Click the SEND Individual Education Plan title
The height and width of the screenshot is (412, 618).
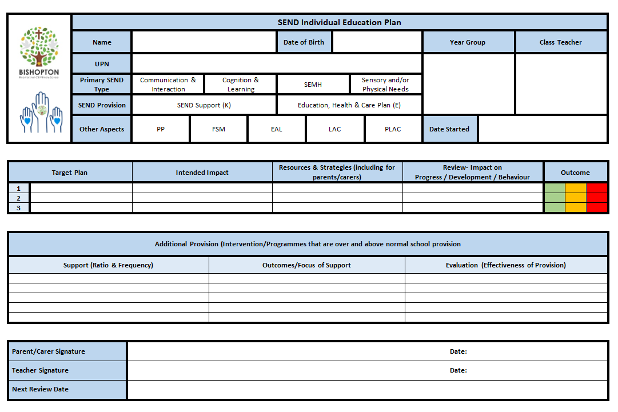(x=339, y=23)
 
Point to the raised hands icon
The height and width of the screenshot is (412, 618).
(x=40, y=113)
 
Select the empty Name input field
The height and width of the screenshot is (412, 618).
(x=204, y=42)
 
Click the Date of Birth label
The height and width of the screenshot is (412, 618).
(x=304, y=42)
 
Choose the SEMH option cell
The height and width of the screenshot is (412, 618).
(x=313, y=85)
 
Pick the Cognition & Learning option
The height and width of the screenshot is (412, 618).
(x=241, y=85)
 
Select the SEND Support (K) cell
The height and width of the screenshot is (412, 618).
(x=204, y=105)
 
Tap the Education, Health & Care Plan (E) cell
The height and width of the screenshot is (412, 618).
(x=349, y=105)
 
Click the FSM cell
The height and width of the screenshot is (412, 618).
(x=218, y=129)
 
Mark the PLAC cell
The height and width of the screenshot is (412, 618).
(x=393, y=129)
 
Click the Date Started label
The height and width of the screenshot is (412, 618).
(x=449, y=129)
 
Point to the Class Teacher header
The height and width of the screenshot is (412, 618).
(x=560, y=42)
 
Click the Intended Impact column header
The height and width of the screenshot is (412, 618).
(x=202, y=173)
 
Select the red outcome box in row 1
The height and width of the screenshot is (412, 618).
(x=597, y=189)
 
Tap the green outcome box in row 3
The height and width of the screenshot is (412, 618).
(x=555, y=208)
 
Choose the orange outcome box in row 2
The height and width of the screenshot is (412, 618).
(x=576, y=198)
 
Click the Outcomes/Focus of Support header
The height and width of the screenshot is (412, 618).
(x=306, y=265)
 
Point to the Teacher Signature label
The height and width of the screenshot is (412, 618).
(x=40, y=370)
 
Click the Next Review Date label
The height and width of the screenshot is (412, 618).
(x=40, y=389)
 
